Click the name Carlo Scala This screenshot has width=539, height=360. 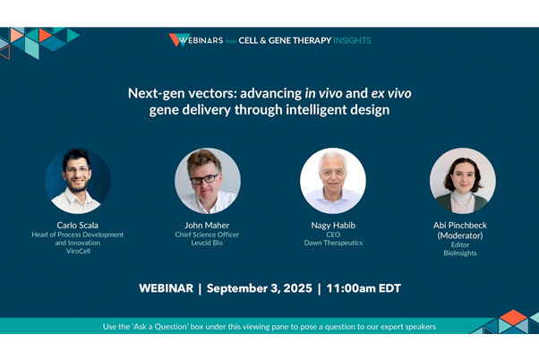78,225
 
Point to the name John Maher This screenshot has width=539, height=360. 207,225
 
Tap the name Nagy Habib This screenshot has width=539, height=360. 332,225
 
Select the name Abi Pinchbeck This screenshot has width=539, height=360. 462,225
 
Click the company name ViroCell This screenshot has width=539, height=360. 78,252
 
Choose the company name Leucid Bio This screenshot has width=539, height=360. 207,243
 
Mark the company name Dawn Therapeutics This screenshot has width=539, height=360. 332,243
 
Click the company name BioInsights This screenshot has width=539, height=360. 462,253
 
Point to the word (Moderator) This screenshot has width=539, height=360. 462,235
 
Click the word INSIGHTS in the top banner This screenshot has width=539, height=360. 348,40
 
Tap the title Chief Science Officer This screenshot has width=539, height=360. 207,234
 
